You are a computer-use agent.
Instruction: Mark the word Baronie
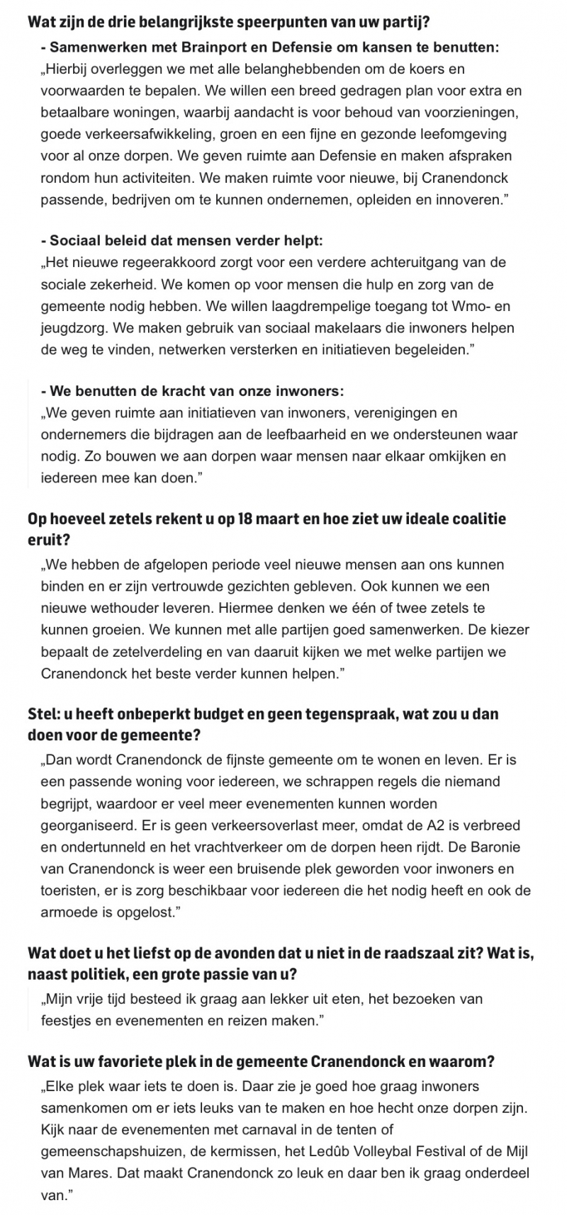point(496,847)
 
